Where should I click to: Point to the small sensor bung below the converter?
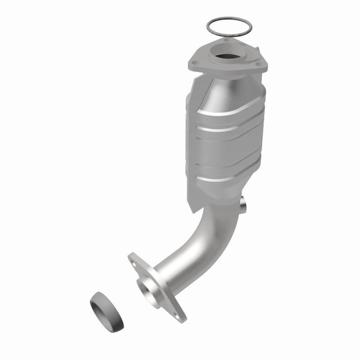click(x=243, y=205)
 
